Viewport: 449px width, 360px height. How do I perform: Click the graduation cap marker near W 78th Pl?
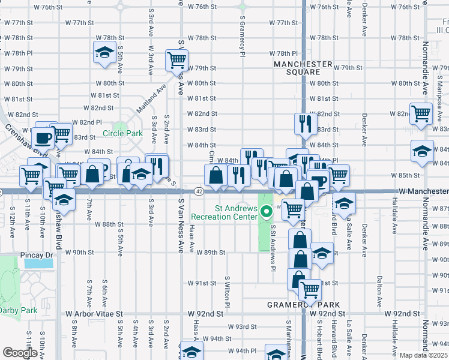[x=105, y=53]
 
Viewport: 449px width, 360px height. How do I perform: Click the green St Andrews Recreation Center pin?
[x=265, y=211]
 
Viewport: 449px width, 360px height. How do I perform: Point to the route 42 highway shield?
[x=199, y=191]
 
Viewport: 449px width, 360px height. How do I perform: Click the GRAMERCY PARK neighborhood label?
[x=303, y=305]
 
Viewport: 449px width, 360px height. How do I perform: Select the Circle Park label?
[x=122, y=133]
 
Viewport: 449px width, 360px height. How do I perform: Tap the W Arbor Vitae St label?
[x=94, y=313]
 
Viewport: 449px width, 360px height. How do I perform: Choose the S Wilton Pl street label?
[x=228, y=292]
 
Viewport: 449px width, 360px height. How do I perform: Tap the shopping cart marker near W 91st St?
[x=310, y=290]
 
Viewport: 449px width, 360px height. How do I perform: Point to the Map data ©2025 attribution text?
[x=424, y=355]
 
